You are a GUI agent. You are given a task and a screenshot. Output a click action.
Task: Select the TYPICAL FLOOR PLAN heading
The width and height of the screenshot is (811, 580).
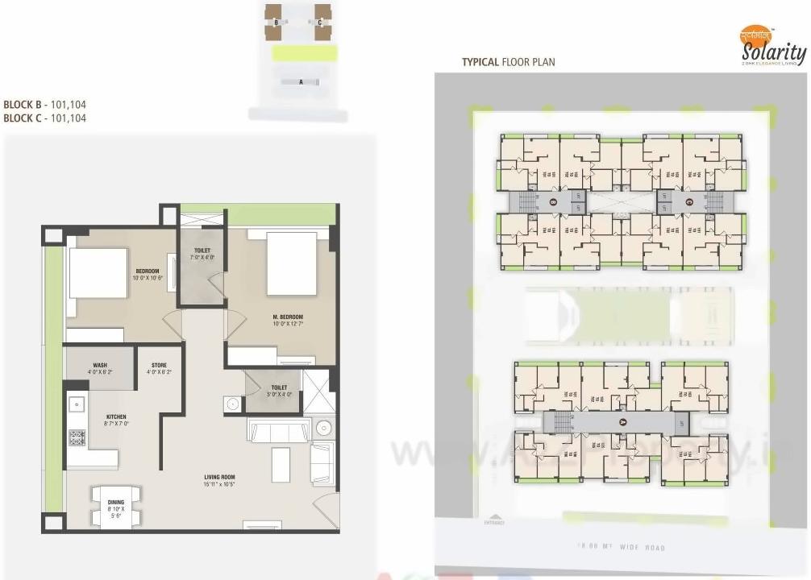click(x=508, y=62)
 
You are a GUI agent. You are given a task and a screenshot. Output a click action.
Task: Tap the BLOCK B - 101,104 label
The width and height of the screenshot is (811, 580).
click(x=44, y=105)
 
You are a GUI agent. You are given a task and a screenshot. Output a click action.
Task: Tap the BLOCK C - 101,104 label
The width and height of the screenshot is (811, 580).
click(x=44, y=118)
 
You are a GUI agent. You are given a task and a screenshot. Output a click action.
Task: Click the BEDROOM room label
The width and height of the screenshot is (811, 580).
click(x=147, y=271)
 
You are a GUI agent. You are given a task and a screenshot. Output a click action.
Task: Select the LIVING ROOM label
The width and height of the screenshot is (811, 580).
click(x=218, y=478)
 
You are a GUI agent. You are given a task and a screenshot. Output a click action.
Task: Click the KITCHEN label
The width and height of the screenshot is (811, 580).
click(x=116, y=417)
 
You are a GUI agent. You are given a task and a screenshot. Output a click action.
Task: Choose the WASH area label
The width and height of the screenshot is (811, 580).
click(x=100, y=365)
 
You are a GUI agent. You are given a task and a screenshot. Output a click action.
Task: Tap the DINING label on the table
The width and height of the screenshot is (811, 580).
click(x=116, y=503)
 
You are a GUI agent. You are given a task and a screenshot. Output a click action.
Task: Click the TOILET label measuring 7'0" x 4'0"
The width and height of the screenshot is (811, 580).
click(x=202, y=251)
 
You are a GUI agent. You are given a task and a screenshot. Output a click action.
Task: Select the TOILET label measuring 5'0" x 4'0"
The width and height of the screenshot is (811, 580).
click(x=277, y=387)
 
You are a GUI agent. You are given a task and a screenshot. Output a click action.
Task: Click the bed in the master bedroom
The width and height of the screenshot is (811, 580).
click(x=291, y=264)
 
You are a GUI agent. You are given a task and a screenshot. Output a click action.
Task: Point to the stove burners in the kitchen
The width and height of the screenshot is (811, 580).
click(x=77, y=438)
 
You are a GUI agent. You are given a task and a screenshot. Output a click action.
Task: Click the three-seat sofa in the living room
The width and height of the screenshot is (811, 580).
click(x=277, y=431)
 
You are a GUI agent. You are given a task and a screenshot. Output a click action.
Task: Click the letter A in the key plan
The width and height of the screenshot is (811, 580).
click(x=300, y=81)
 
